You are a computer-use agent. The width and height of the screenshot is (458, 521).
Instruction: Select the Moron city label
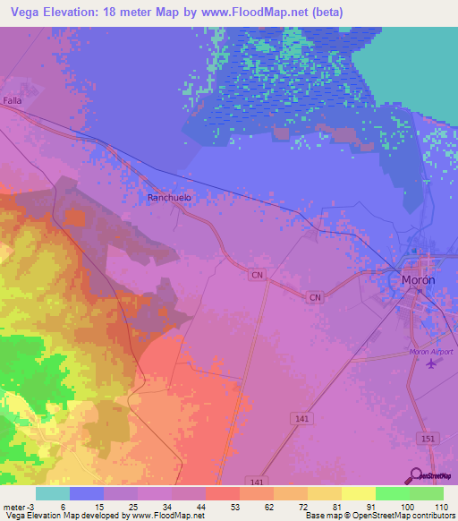[419, 280]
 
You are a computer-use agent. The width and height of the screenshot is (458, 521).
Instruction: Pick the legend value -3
[32, 506]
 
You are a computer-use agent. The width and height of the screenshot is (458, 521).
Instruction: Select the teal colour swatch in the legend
[53, 493]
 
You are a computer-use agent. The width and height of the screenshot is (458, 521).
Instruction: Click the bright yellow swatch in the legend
[359, 493]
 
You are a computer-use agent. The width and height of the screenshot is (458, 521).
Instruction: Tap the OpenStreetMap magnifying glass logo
[415, 475]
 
